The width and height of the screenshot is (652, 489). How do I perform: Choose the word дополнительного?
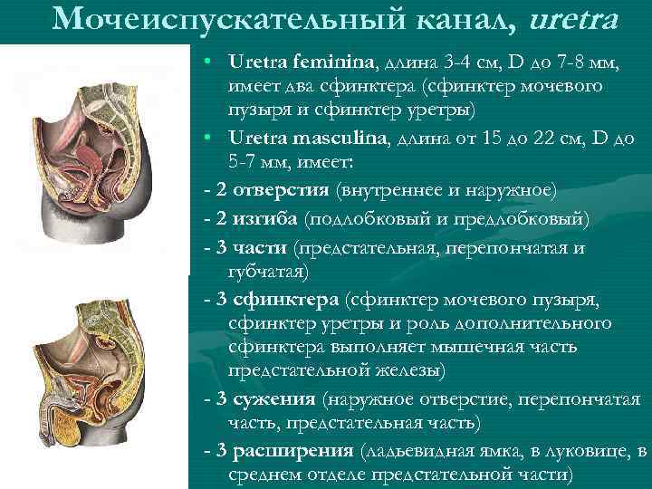[x=536, y=323]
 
